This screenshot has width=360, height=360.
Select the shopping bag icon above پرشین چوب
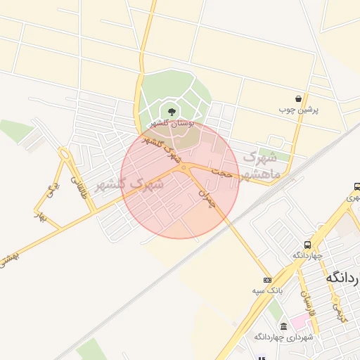coord(300,98)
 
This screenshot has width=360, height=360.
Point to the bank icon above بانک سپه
coord(266,279)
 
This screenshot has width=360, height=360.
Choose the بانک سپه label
coord(266,290)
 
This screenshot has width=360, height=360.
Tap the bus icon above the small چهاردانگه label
coord(308,245)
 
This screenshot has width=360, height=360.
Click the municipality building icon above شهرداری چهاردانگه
coord(283,326)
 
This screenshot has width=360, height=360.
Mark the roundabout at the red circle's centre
coord(183,167)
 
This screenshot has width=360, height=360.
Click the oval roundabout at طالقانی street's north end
coord(65,153)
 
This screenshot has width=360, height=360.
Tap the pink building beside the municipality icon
coord(300,322)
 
